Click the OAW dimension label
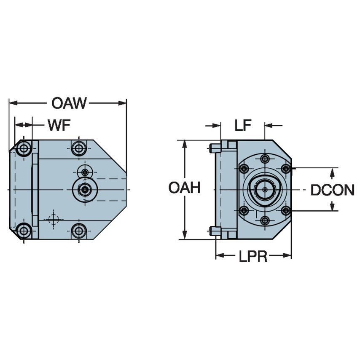pyautogui.click(x=69, y=103)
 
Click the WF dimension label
pyautogui.click(x=59, y=125)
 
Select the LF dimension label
pyautogui.click(x=243, y=125)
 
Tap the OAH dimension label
pyautogui.click(x=184, y=188)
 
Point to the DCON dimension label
pyautogui.click(x=332, y=190)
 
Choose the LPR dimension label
pyautogui.click(x=253, y=256)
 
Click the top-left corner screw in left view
pyautogui.click(x=24, y=148)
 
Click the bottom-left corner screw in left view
pyautogui.click(x=24, y=231)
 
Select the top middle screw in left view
pyautogui.click(x=78, y=148)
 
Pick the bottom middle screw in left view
pyautogui.click(x=78, y=231)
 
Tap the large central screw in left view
pyautogui.click(x=85, y=190)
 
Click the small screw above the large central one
pyautogui.click(x=85, y=172)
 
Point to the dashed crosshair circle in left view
pyautogui.click(x=53, y=219)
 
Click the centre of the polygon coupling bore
pyautogui.click(x=265, y=190)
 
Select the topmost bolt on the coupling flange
pyautogui.click(x=265, y=159)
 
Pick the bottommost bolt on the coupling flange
pyautogui.click(x=265, y=220)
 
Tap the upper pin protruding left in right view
pyautogui.click(x=215, y=148)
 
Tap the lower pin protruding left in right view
pyautogui.click(x=215, y=231)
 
